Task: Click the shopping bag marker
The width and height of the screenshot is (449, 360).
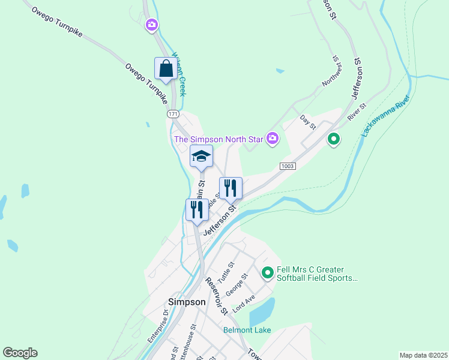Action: (x=166, y=68)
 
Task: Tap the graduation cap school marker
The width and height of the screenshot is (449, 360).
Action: (x=201, y=157)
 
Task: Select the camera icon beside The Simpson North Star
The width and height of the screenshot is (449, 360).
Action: (x=273, y=139)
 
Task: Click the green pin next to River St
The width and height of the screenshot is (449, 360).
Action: (x=333, y=140)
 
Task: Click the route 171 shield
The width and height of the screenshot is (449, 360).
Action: (x=173, y=113)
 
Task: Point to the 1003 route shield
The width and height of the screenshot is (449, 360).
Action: (x=288, y=166)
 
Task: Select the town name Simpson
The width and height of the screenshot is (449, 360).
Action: (x=187, y=302)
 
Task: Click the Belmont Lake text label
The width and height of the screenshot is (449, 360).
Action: (x=247, y=330)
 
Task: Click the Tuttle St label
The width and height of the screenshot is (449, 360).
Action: (x=226, y=272)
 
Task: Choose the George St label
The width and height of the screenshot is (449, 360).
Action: (x=237, y=285)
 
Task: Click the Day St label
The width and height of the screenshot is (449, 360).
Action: (x=308, y=121)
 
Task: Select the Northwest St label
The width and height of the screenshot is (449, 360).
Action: (x=331, y=73)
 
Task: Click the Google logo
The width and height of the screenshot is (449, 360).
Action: (x=20, y=353)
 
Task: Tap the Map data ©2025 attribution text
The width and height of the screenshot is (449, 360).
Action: (x=423, y=355)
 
